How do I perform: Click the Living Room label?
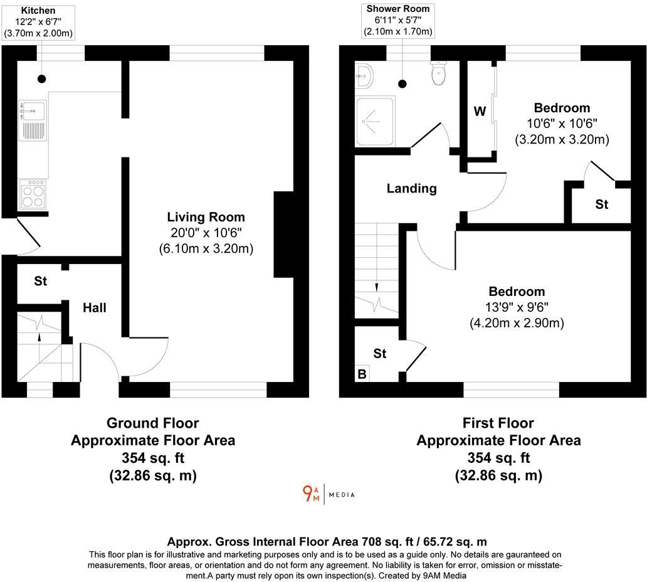tap(206, 217)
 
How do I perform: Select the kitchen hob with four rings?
tap(33, 194)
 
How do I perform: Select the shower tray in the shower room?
tap(375, 120)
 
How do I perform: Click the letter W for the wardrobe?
tap(480, 112)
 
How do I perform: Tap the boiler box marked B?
tap(362, 374)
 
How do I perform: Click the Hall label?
tap(95, 307)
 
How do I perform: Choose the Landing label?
tap(411, 188)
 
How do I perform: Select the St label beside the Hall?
tap(41, 282)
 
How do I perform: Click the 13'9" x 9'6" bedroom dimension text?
tap(517, 307)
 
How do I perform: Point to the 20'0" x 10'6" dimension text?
tap(206, 233)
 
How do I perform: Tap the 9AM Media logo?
tap(329, 494)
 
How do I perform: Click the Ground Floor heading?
tap(152, 423)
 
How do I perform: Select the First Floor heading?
tap(498, 423)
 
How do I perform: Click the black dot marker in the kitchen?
tap(41, 78)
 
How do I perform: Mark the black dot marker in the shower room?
tap(402, 83)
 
